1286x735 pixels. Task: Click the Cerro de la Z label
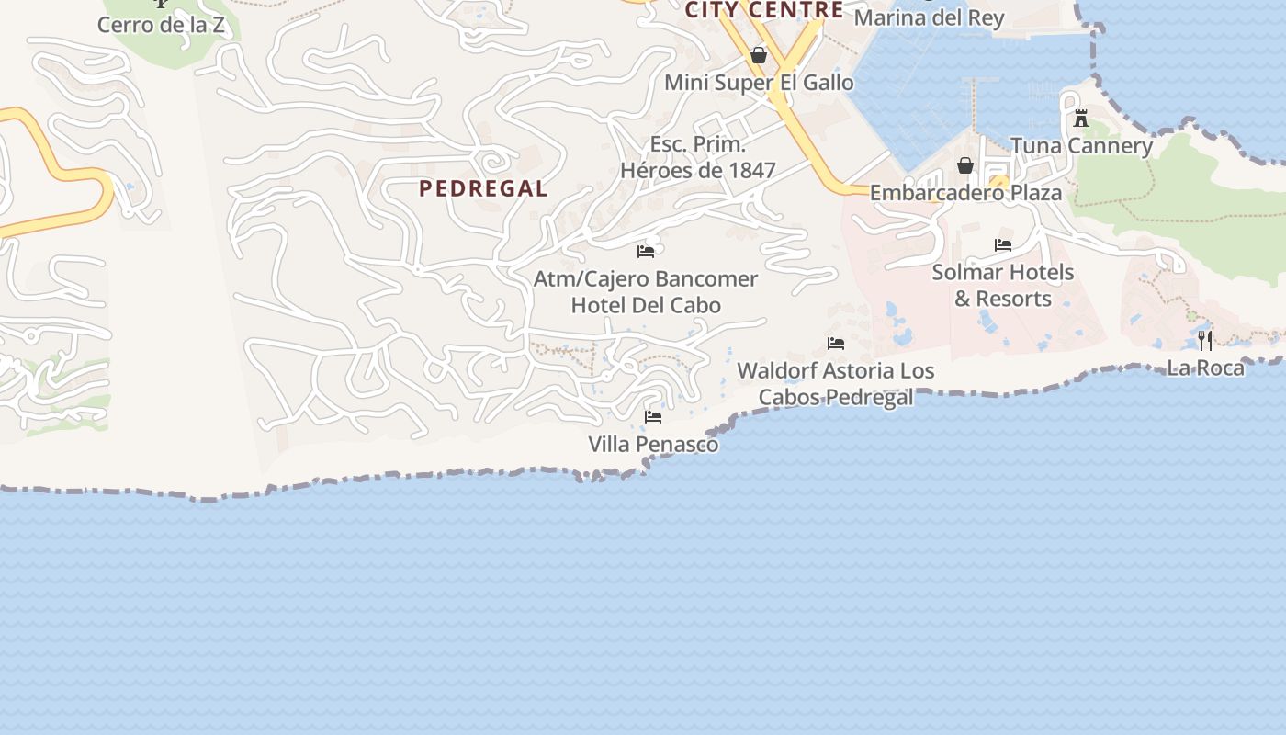(x=161, y=25)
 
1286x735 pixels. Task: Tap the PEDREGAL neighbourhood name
(x=483, y=188)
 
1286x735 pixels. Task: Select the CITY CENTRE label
(x=764, y=10)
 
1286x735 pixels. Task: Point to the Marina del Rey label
(x=929, y=17)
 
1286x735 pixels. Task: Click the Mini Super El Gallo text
(x=759, y=83)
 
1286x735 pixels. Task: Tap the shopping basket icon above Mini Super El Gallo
(x=759, y=56)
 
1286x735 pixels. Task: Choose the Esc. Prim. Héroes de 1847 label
(x=698, y=157)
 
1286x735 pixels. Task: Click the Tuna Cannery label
(x=1081, y=146)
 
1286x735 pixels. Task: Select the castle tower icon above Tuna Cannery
(x=1081, y=119)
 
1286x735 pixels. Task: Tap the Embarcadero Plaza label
(x=965, y=193)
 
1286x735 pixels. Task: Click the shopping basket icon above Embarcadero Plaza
(x=965, y=165)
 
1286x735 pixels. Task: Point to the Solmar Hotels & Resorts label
(x=1002, y=286)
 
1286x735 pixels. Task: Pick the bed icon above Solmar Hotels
(x=1003, y=245)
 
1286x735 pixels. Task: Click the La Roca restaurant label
(x=1205, y=368)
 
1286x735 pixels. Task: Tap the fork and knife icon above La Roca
(x=1205, y=341)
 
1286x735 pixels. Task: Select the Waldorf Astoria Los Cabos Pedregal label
(x=836, y=384)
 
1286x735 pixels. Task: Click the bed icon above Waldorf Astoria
(x=836, y=344)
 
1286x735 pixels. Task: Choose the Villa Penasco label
(x=653, y=445)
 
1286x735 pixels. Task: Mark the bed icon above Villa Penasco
(x=653, y=417)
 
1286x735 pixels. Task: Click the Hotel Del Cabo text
(x=646, y=305)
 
